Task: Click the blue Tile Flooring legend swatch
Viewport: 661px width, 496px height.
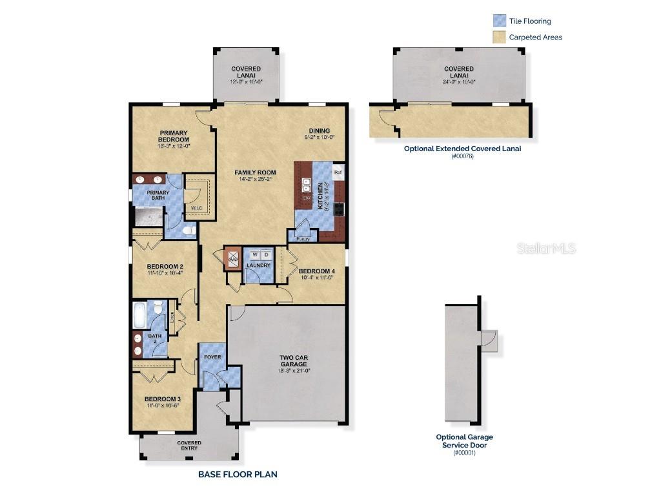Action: click(x=499, y=21)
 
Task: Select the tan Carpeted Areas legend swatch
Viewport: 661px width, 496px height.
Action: click(x=499, y=37)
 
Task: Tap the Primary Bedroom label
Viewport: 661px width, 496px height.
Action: click(x=174, y=136)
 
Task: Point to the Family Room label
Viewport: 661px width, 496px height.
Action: click(x=255, y=172)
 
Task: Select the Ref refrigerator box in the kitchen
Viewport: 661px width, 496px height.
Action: click(x=338, y=172)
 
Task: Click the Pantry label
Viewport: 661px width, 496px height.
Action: click(x=303, y=239)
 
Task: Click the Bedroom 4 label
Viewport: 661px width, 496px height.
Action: click(x=316, y=271)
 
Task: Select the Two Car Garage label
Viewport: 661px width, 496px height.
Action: click(x=294, y=360)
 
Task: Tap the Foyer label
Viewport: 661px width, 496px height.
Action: click(x=212, y=357)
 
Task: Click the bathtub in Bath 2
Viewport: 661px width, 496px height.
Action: click(x=139, y=315)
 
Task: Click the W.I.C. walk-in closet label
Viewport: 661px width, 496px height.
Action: click(x=196, y=208)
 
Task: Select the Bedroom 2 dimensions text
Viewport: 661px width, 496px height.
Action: click(x=165, y=273)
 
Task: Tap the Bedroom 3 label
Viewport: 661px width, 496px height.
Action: click(x=161, y=398)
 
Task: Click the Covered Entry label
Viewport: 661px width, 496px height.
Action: click(x=189, y=446)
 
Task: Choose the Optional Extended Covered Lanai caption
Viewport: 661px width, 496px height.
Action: click(x=462, y=148)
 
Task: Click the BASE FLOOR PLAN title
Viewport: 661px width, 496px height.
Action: click(x=238, y=474)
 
